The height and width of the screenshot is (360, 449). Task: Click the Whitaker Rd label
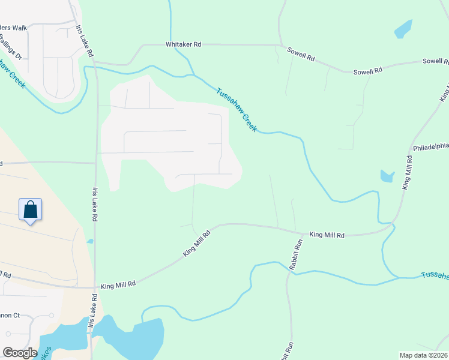point(184,44)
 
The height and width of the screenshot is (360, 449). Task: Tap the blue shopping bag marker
point(31,210)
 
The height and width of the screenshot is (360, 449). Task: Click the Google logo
point(20,353)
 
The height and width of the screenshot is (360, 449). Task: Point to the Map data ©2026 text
point(423,355)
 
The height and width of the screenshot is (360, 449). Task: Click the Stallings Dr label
point(11,47)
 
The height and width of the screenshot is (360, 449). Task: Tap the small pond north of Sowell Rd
point(403,29)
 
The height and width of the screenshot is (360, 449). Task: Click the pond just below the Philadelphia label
point(387,176)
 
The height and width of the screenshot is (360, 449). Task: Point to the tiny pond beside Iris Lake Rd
point(89,241)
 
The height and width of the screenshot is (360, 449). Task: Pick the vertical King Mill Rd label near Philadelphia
point(408,173)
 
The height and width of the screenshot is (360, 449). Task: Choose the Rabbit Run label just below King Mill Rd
point(295,256)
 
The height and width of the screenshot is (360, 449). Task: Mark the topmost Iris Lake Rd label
point(85,41)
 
